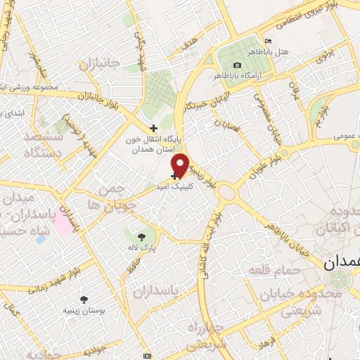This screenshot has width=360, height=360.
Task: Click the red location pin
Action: pos(180,165)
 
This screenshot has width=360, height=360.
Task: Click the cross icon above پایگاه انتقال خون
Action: pos(154,128)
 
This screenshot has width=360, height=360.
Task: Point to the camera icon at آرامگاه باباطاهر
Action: pos(237,65)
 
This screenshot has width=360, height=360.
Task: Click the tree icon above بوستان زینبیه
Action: pos(84,300)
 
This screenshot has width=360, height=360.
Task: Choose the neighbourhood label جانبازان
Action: pos(101,65)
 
